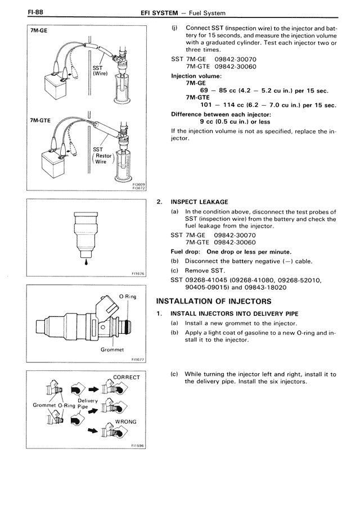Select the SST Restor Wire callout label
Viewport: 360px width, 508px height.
103,156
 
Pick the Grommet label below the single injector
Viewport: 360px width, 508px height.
112,350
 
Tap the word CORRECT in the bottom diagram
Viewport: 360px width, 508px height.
126,377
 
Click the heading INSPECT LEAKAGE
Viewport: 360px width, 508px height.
199,202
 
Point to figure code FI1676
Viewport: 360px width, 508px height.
138,274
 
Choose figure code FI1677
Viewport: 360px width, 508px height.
138,360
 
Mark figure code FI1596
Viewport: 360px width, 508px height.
138,446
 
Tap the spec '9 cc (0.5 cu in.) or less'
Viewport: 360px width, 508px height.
235,121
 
